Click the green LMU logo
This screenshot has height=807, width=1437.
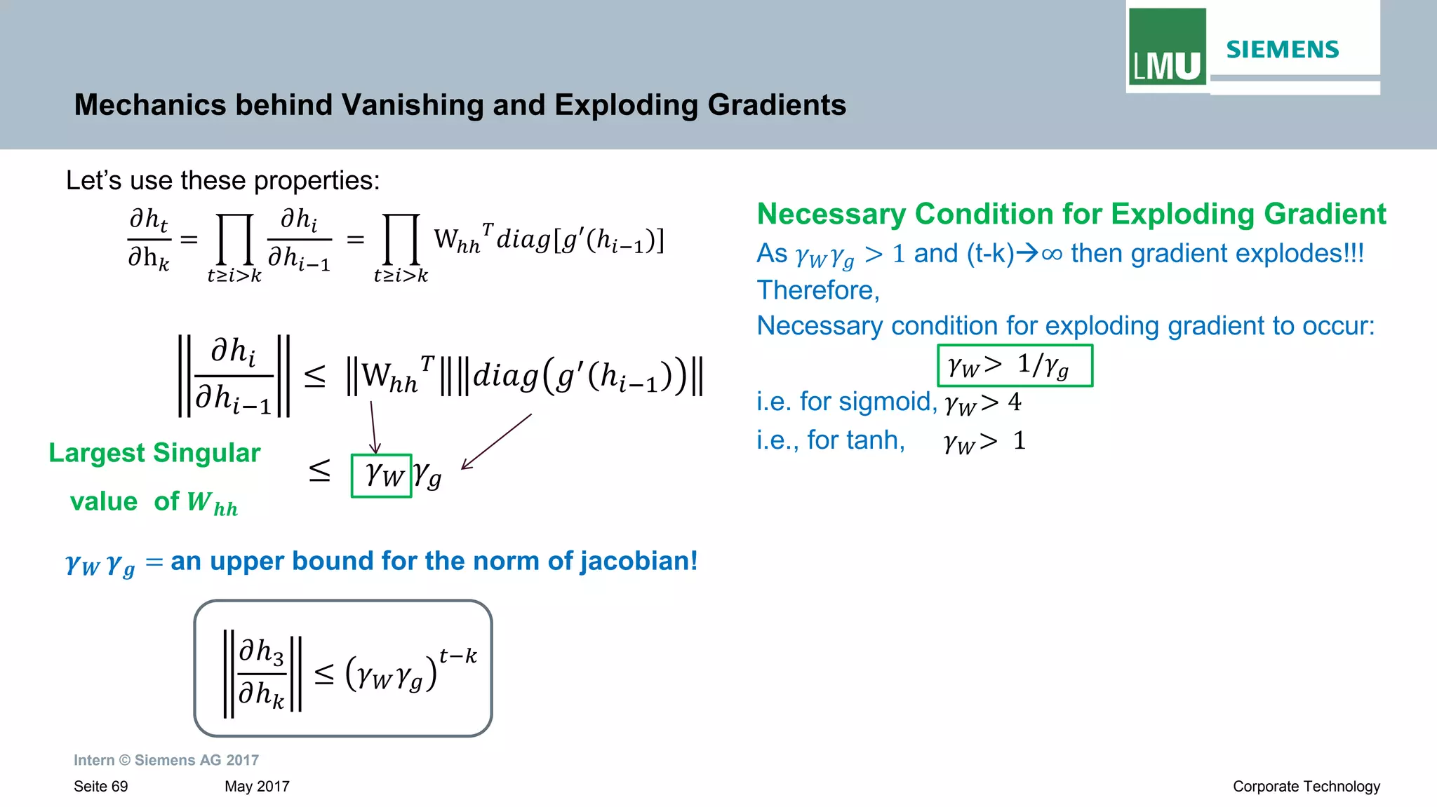click(1167, 46)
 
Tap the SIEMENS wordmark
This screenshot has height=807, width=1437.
click(1282, 50)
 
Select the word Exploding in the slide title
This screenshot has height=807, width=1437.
click(627, 105)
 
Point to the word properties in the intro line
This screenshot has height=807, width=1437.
click(316, 181)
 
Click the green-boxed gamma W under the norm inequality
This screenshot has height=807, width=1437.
click(382, 476)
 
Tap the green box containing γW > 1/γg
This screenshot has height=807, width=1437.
click(1015, 365)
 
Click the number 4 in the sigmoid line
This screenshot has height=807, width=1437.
click(1015, 402)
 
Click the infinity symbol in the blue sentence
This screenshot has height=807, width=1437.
click(1052, 254)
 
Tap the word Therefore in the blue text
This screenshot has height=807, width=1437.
click(817, 290)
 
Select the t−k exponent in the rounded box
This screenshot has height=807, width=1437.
click(457, 656)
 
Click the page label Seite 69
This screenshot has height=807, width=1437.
click(101, 787)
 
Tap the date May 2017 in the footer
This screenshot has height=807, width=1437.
click(257, 787)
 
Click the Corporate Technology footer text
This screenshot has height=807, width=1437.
click(1306, 787)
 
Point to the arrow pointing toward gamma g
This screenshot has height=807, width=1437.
click(496, 442)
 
